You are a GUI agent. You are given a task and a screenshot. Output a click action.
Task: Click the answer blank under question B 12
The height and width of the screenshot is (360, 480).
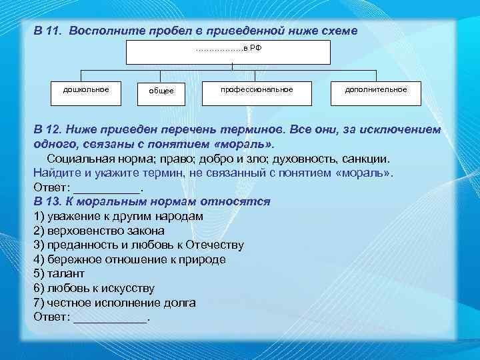[x=107, y=189]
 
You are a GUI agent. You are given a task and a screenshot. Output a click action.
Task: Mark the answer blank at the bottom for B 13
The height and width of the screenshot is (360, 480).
[x=111, y=317]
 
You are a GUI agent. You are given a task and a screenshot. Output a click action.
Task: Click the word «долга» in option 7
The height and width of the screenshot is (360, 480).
[x=179, y=303]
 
